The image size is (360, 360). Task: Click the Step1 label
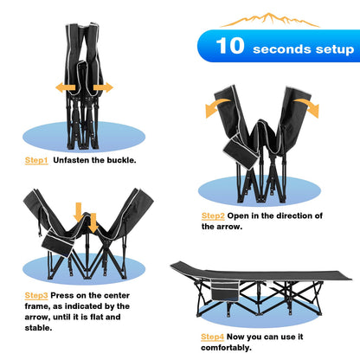tap(36, 160)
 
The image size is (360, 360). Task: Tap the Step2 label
tap(213, 216)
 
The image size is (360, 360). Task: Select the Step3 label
tap(36, 296)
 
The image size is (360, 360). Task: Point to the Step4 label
tap(212, 337)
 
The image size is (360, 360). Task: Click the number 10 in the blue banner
tap(230, 46)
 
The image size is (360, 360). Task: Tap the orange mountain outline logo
tap(270, 20)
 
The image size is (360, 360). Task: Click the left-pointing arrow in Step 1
tap(65, 87)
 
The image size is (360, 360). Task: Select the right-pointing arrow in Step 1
tap(103, 87)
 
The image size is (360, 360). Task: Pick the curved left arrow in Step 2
tap(215, 106)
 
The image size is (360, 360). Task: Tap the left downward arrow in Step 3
tap(79, 211)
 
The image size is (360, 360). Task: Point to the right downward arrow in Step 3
tap(93, 222)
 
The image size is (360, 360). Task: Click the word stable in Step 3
tap(38, 328)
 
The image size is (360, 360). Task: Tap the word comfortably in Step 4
tap(226, 348)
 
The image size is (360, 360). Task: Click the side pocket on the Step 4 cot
tap(225, 292)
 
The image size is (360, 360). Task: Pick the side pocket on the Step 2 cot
tap(241, 152)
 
